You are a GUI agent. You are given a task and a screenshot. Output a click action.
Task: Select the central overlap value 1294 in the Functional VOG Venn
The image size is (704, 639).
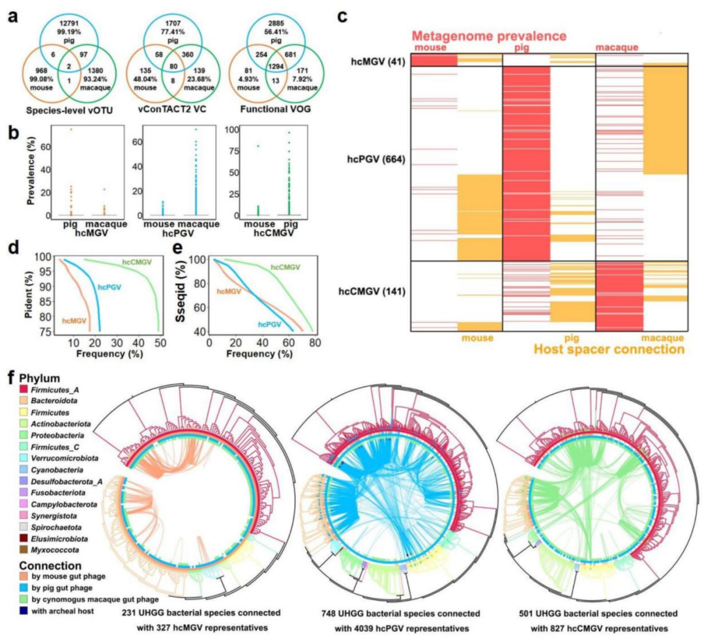click(x=276, y=67)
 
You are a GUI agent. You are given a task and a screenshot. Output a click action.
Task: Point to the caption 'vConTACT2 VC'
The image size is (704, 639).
click(x=172, y=109)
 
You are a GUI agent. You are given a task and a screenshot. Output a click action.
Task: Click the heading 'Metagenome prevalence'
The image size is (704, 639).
click(x=489, y=36)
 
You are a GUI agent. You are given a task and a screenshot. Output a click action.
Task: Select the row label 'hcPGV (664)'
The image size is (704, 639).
click(x=376, y=159)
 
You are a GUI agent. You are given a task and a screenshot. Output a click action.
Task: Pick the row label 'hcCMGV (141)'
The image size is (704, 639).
click(x=372, y=291)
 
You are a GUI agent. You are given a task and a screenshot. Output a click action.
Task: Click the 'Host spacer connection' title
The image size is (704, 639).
click(x=609, y=349)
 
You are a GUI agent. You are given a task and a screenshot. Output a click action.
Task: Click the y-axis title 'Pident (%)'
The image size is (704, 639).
click(x=29, y=295)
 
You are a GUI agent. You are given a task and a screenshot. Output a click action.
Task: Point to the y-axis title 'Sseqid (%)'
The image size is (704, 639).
click(x=181, y=295)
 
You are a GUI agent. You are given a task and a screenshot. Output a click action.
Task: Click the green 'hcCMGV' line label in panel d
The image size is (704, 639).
click(x=137, y=262)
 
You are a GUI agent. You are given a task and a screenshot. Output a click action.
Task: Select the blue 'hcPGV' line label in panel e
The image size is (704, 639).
click(x=269, y=324)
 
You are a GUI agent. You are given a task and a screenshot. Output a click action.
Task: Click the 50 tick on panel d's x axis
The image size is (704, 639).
click(x=160, y=342)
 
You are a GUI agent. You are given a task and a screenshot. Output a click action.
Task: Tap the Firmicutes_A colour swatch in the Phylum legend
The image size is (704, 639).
click(x=23, y=390)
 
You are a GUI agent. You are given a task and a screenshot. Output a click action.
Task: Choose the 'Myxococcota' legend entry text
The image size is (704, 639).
click(x=55, y=550)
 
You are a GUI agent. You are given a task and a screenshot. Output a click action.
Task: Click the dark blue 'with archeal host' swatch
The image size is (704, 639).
click(x=23, y=611)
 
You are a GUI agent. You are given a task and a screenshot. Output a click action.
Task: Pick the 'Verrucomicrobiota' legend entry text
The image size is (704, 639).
click(x=65, y=458)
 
